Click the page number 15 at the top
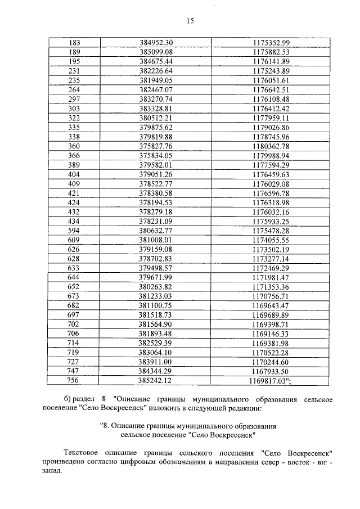pyautogui.click(x=190, y=21)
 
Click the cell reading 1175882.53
pyautogui.click(x=271, y=52)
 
